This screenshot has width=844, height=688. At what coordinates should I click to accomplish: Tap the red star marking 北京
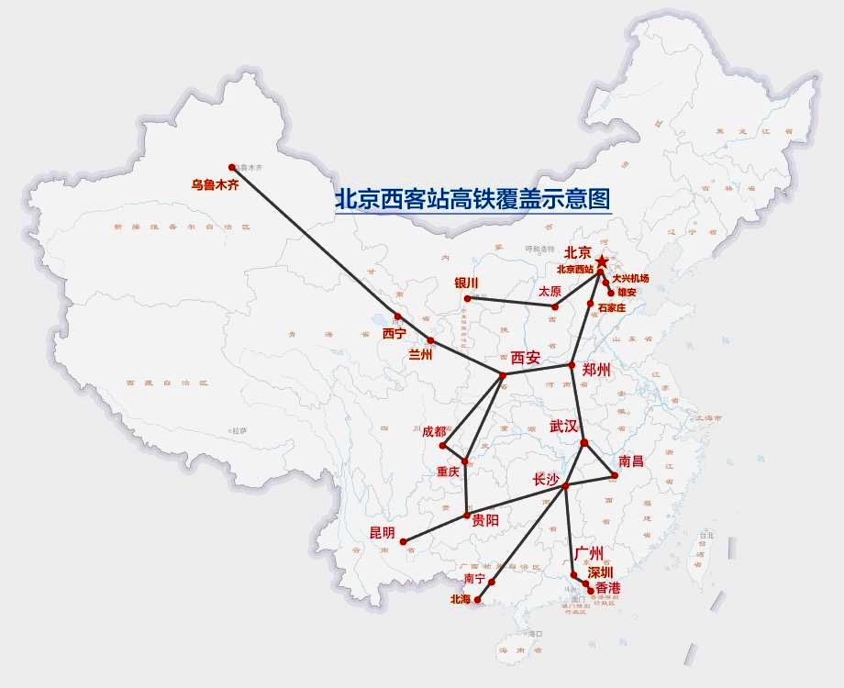point(602,262)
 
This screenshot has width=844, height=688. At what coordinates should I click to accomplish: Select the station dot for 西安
point(502,375)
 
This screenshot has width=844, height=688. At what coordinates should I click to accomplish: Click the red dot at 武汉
point(584,443)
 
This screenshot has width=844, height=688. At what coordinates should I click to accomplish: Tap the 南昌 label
point(631,461)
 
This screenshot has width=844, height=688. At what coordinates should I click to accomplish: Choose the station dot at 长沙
point(566,485)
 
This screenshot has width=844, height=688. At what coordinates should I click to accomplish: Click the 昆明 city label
point(382,532)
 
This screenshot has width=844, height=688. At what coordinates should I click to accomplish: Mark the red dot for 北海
point(477,601)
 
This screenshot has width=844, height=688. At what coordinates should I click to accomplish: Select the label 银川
point(467,283)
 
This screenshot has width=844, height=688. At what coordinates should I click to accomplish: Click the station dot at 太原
point(555,305)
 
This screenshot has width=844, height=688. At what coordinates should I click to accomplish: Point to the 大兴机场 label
point(630,278)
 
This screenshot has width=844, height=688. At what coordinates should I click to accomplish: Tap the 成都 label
point(434,431)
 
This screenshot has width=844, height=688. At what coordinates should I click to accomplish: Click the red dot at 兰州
point(430,340)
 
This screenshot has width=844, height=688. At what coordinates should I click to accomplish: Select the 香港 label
point(607,587)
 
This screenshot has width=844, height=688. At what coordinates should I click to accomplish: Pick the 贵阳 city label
point(486,519)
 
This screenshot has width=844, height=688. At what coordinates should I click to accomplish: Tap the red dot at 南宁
point(492,582)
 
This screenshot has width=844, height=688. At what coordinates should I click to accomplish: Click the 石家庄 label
point(611,307)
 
